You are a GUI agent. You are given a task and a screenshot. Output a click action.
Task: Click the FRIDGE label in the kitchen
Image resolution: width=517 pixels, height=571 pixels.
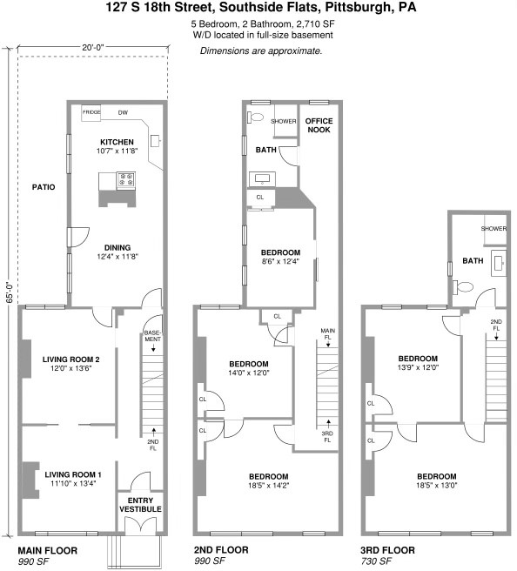click(x=91, y=112)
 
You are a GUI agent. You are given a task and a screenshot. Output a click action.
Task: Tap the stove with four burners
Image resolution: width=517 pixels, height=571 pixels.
click(x=125, y=180)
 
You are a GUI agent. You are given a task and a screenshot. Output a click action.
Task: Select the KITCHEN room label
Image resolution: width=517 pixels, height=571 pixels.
click(x=116, y=141)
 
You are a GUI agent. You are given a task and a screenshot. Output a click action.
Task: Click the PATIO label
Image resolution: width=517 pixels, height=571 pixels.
click(x=44, y=186)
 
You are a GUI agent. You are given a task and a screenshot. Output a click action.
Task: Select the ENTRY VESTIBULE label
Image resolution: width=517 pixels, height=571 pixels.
click(x=140, y=503)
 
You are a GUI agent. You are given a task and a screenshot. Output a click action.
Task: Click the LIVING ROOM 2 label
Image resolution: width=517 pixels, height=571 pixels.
click(x=72, y=359)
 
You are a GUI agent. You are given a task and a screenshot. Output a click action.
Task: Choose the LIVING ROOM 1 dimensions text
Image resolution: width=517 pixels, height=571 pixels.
click(x=74, y=483)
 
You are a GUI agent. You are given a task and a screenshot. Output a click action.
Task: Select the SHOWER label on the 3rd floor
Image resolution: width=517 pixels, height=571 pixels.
click(x=494, y=229)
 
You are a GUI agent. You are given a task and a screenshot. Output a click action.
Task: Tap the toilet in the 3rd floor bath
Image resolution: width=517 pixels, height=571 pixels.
click(x=466, y=285)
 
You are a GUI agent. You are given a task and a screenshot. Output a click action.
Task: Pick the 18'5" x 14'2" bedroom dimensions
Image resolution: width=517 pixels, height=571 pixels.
click(x=269, y=487)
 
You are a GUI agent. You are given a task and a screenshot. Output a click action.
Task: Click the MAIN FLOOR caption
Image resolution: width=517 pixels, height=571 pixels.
click(x=47, y=550)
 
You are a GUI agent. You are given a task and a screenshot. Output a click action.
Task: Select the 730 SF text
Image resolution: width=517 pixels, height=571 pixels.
click(x=376, y=561)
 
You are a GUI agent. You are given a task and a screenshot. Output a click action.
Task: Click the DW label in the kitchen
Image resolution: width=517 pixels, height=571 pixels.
click(x=123, y=112)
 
